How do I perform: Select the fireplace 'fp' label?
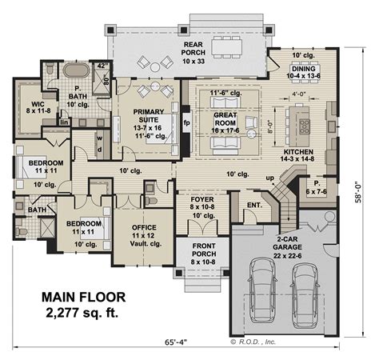click(186, 125)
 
